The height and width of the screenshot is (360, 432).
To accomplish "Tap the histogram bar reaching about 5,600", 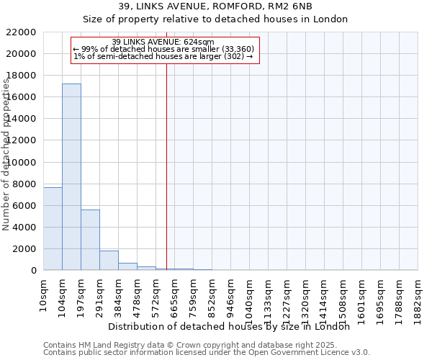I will [90, 240].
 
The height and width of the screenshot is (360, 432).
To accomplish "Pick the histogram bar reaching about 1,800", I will [109, 260].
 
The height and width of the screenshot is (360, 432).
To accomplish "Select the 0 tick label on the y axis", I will [33, 271].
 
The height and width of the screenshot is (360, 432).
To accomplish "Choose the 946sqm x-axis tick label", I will [230, 294].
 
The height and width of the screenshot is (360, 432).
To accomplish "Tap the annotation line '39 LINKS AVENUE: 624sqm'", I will [163, 42].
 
